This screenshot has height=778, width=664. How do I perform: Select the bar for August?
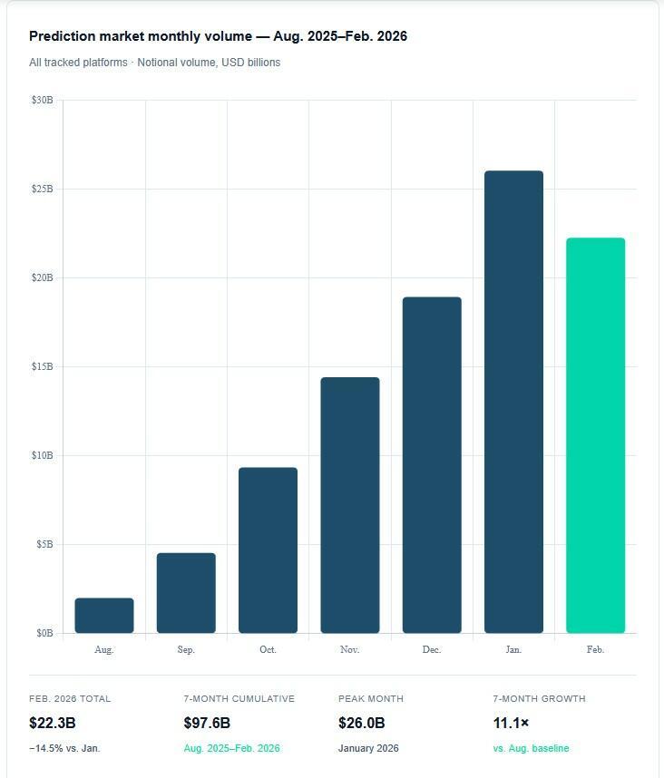(104, 616)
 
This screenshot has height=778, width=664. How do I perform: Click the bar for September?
(186, 593)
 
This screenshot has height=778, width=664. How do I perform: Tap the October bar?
(268, 550)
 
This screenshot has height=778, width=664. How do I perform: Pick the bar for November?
(350, 505)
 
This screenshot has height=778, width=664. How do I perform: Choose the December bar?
(432, 465)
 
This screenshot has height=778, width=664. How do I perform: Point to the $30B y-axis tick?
(43, 100)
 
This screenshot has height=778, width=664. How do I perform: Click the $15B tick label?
(43, 366)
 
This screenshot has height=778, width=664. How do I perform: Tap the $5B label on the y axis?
(44, 544)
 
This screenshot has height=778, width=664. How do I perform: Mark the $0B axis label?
(44, 633)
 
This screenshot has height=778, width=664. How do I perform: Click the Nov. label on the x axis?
(350, 649)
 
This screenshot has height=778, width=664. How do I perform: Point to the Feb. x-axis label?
(596, 649)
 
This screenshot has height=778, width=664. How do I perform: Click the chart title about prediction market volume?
(218, 36)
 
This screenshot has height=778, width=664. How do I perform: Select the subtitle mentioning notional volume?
(154, 63)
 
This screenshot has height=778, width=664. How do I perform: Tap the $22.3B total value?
(53, 723)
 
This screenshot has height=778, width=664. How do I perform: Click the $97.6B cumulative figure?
(207, 723)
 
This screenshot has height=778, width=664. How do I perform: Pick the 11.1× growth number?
(512, 723)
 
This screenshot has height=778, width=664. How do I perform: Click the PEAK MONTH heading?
(371, 699)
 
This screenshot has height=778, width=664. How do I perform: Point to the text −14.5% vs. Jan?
(64, 748)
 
